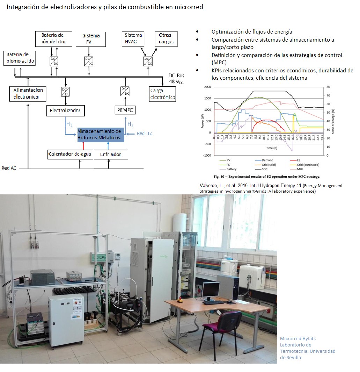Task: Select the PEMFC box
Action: click(x=125, y=111)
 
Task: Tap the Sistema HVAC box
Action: click(x=134, y=39)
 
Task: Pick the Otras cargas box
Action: click(x=166, y=39)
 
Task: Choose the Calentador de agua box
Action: click(x=70, y=154)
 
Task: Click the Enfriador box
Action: click(x=110, y=154)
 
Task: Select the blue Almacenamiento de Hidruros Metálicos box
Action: click(x=101, y=135)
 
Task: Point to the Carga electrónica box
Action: click(x=162, y=94)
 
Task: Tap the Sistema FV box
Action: click(x=91, y=39)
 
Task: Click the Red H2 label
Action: click(x=144, y=134)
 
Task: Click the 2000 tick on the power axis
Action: click(x=208, y=87)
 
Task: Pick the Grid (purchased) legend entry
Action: click(x=309, y=165)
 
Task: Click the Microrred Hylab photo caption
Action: click(x=307, y=348)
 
